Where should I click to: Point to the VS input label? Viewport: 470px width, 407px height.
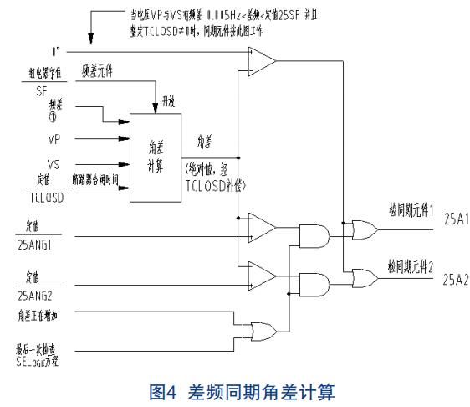(x=53, y=165)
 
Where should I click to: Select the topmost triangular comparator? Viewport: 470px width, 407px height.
(x=262, y=59)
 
